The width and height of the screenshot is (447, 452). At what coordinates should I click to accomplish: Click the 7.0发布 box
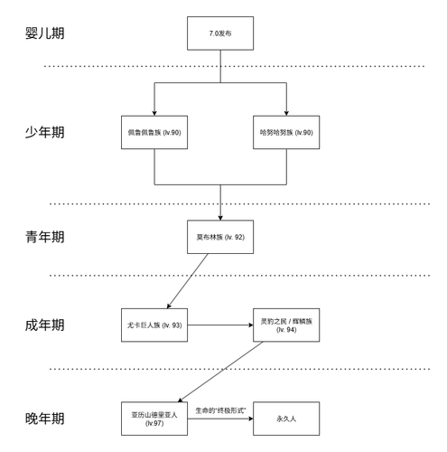pos(219,33)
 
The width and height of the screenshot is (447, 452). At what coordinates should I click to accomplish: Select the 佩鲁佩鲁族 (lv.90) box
pos(155,132)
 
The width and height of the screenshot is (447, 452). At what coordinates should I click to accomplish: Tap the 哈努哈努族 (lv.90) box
pos(286,132)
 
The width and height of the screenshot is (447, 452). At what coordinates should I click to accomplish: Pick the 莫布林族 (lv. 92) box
pos(219,237)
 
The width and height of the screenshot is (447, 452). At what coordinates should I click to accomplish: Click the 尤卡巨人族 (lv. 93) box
pos(154,325)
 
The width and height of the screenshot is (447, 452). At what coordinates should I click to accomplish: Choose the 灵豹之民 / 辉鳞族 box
pos(286,325)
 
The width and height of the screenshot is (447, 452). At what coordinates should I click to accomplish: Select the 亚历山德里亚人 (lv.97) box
pos(154,419)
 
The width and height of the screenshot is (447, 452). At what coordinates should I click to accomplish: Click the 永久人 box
pos(286,419)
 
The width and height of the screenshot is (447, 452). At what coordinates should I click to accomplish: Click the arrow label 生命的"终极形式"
pos(220,410)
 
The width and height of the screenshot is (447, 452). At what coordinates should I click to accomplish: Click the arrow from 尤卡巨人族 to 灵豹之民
pos(220,325)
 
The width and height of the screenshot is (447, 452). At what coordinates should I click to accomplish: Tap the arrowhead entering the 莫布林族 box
pos(219,217)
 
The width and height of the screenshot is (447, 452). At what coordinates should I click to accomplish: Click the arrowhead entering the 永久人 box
pos(249,419)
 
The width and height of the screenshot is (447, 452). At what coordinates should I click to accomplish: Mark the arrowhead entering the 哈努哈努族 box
pos(286,112)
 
